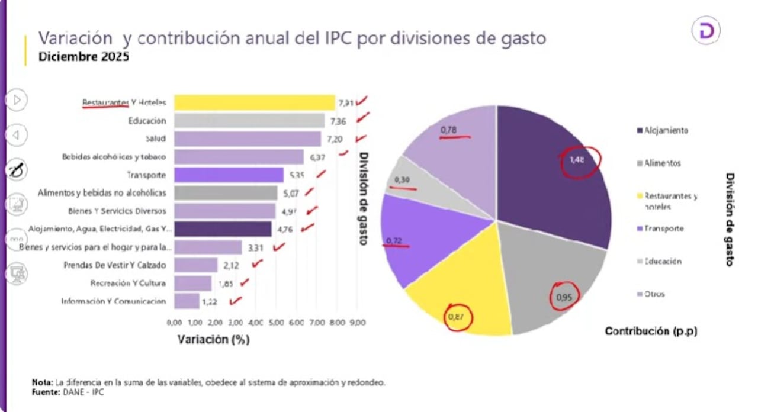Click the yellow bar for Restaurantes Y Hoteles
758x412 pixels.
(255, 102)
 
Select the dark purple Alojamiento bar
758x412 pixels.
(223, 229)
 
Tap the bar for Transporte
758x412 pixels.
(229, 175)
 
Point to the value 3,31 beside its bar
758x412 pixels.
(256, 247)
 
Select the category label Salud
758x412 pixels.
(155, 139)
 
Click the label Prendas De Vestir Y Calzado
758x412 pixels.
(114, 265)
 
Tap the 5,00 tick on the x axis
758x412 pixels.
(275, 323)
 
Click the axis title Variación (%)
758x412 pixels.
(213, 340)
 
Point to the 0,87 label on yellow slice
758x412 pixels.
(455, 317)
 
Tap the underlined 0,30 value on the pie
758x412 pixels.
(402, 179)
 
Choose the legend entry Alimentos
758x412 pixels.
(663, 163)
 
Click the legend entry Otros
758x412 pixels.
(654, 294)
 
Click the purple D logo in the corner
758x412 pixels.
(706, 31)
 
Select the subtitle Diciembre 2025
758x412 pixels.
(83, 57)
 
